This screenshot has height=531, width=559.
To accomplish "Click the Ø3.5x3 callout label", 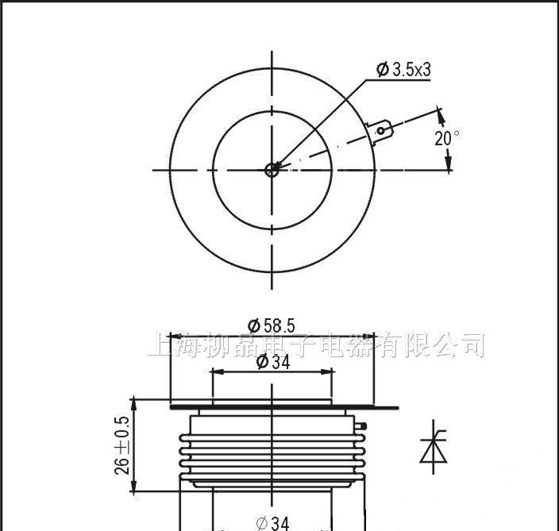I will click(403, 71).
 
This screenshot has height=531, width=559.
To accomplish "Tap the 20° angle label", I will click(447, 138).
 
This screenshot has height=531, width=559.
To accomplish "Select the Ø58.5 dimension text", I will click(272, 325).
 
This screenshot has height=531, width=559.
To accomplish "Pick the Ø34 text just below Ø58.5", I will click(272, 362).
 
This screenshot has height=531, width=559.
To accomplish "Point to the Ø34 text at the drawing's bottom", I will click(272, 523).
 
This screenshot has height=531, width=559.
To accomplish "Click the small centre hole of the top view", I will click(272, 168).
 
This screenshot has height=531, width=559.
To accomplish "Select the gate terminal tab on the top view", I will click(380, 131).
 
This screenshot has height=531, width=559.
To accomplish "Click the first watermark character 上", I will click(160, 345).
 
